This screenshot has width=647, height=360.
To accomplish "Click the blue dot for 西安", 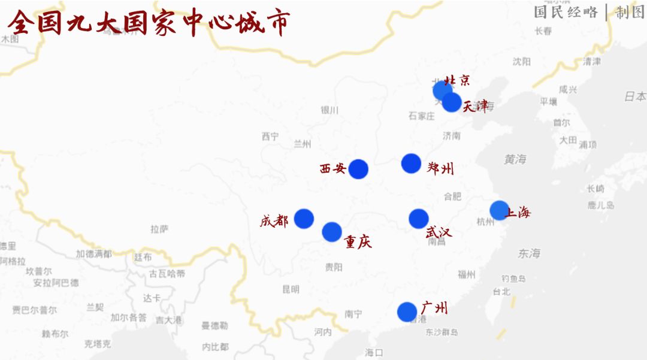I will [x=358, y=170].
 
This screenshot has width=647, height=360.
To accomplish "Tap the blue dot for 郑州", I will [x=411, y=164].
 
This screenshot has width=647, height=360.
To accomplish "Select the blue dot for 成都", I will [x=304, y=219].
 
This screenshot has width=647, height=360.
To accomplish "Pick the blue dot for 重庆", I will [x=332, y=232].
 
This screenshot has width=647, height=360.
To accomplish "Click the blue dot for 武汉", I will [x=419, y=219].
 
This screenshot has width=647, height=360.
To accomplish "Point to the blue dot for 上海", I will [x=499, y=210].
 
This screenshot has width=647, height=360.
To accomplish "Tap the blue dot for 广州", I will [x=407, y=311].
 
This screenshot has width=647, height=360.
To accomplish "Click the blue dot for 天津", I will [x=452, y=102].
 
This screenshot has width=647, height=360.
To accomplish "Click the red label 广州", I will [x=434, y=308].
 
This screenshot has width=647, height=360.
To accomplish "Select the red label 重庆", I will [x=358, y=241].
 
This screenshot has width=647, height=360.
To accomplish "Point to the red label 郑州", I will [x=440, y=168].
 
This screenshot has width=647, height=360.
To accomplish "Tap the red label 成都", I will [x=274, y=221].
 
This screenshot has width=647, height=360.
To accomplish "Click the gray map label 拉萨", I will [x=160, y=229].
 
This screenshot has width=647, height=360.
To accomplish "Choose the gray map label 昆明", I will [x=291, y=289].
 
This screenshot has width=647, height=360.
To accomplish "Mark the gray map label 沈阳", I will [x=521, y=61].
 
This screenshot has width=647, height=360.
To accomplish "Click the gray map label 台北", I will [x=501, y=292].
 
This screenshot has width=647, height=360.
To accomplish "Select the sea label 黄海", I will [x=515, y=159].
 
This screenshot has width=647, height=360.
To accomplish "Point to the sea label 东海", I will [x=529, y=253].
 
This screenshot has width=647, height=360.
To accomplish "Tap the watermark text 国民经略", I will [x=566, y=13].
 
